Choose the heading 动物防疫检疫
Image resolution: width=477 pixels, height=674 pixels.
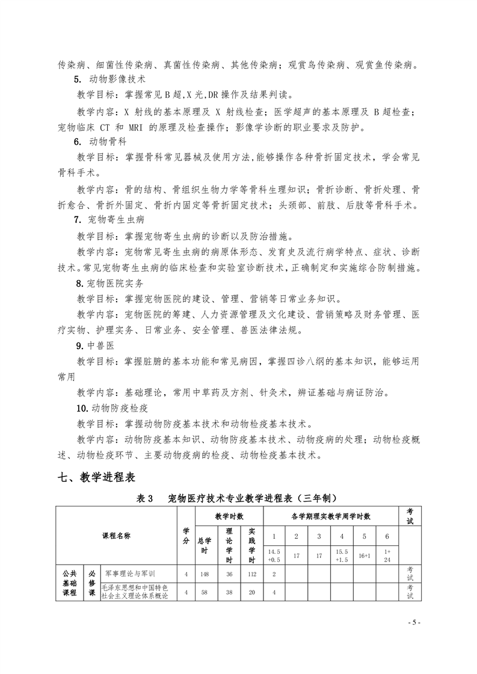coord(110,407)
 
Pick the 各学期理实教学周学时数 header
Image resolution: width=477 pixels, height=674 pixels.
coord(330,516)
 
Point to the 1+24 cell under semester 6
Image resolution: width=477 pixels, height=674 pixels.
coord(387,555)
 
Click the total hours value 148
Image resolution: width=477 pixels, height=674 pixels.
coord(206,573)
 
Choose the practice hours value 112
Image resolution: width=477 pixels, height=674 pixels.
coord(251,573)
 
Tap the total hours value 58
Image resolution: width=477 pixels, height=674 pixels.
coord(206,592)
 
